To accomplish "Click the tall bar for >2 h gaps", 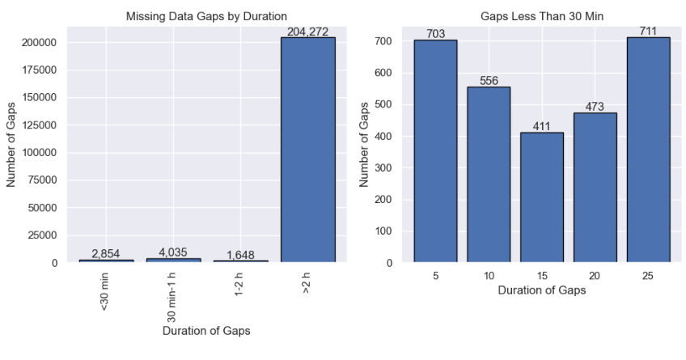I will (307, 150).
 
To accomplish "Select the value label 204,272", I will (307, 32).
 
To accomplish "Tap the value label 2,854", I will (106, 253).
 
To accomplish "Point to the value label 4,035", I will (173, 252).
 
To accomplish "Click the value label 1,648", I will (240, 255).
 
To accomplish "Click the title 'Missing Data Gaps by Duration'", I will (206, 16).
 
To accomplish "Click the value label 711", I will (648, 32).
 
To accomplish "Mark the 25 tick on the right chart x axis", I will (648, 275).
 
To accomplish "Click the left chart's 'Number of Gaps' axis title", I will (12, 144).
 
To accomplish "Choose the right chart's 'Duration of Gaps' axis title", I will (541, 290).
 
